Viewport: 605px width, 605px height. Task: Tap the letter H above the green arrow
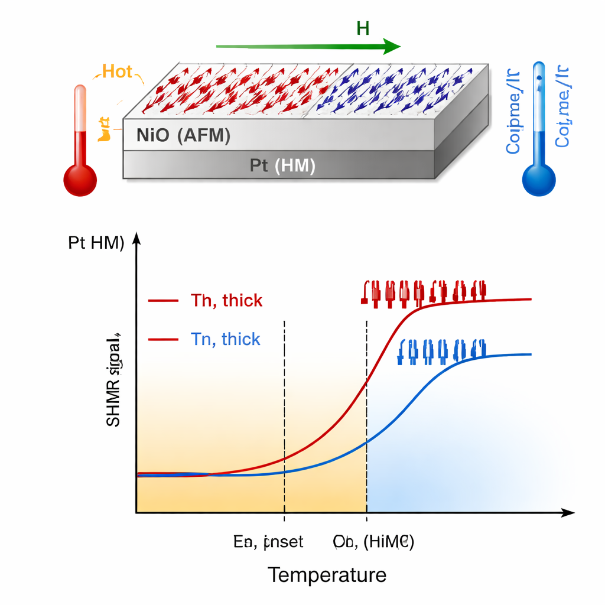click(363, 28)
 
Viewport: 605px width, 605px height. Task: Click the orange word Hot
click(117, 71)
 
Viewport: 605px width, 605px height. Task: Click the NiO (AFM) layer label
click(183, 135)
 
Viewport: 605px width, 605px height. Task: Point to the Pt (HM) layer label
click(282, 165)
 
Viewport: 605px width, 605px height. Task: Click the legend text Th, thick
click(226, 301)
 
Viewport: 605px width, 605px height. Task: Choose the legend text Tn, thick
click(225, 339)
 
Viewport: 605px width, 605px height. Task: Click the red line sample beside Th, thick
click(163, 301)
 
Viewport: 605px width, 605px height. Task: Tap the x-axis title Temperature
click(327, 574)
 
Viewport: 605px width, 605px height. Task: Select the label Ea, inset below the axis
click(269, 542)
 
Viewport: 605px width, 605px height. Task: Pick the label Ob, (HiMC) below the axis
click(373, 542)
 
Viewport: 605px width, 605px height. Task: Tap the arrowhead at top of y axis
click(136, 238)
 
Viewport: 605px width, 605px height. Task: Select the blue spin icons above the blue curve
click(441, 351)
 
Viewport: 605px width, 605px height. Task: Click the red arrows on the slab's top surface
click(225, 89)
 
